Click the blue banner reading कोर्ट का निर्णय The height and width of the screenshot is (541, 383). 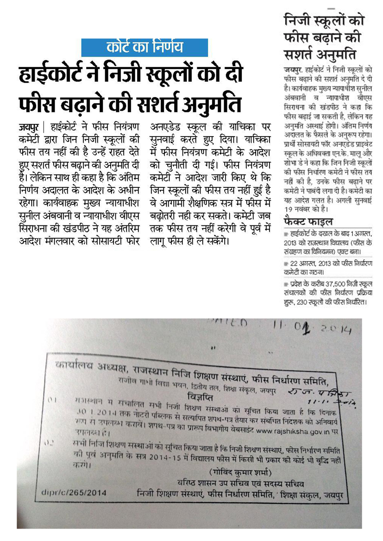point(144,48)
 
